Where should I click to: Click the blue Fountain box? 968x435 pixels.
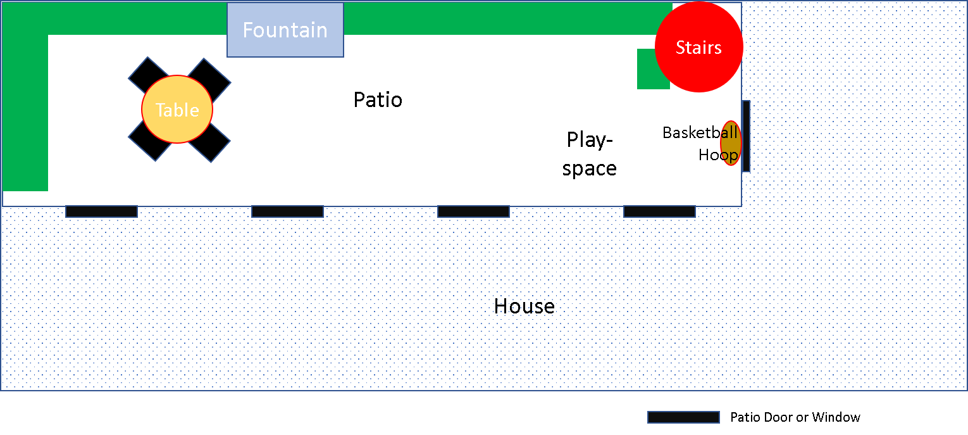pos(285,30)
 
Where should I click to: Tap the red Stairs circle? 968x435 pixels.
pos(698,47)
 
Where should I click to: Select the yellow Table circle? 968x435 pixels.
pos(177,110)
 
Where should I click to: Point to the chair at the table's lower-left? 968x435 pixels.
pos(144,146)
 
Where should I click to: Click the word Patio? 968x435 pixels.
pos(378,100)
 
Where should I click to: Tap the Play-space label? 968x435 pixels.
pos(590,154)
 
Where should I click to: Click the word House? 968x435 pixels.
pos(524,306)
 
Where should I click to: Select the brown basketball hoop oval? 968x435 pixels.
pos(731,143)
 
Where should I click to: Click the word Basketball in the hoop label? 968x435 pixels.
pos(699,133)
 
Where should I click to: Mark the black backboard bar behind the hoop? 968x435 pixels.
pos(746,136)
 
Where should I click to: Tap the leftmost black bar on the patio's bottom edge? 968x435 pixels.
pos(101,211)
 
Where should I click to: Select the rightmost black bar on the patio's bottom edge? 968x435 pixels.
pos(659,211)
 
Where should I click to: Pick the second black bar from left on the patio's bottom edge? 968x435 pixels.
pos(287,211)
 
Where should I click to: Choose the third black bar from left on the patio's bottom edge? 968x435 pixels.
pos(473,211)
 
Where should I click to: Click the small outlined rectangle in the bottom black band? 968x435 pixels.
pos(683,417)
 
